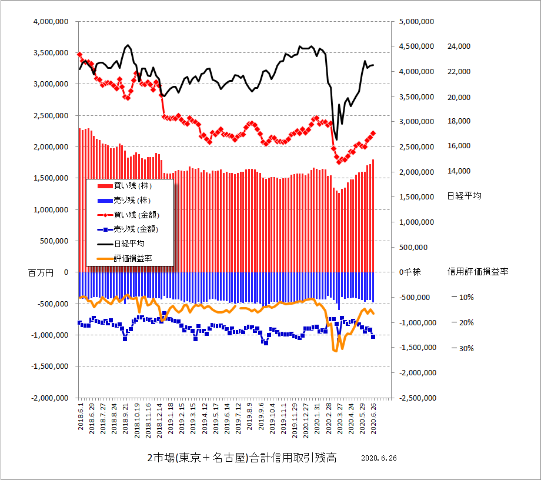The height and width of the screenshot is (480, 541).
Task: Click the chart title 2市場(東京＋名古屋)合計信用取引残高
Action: [241, 458]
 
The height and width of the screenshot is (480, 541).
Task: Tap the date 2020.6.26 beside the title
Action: [379, 458]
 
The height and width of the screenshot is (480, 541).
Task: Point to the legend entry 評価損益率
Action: [133, 258]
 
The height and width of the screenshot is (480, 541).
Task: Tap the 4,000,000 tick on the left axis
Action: [52, 21]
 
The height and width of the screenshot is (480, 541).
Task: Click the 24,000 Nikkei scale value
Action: [459, 46]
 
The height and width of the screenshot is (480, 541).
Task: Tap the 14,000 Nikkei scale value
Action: [459, 171]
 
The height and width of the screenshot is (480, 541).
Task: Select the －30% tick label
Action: [462, 348]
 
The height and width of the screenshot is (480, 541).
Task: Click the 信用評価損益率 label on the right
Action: [477, 272]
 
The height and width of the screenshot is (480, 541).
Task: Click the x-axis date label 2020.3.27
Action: [340, 417]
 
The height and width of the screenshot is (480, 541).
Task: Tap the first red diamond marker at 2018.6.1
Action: [79, 55]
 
